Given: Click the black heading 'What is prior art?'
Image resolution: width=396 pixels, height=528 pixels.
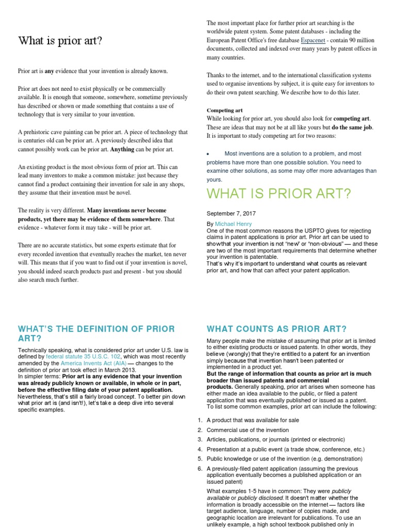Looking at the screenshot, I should click(x=60, y=41).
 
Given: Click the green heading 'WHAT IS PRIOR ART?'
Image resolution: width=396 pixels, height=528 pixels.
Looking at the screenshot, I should click(x=278, y=194).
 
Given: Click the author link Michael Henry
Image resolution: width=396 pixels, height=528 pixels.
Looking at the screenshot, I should click(x=233, y=224).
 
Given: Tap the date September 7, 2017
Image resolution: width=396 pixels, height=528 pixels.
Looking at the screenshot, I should click(x=231, y=213).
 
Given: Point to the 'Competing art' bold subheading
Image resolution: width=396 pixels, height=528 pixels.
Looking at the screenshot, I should click(x=224, y=110).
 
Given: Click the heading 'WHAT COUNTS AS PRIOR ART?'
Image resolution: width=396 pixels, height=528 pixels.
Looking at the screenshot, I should click(x=276, y=329).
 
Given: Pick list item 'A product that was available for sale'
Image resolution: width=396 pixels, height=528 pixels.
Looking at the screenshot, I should click(x=253, y=420).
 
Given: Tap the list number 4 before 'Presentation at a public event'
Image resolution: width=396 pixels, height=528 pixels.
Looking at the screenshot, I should click(x=200, y=449).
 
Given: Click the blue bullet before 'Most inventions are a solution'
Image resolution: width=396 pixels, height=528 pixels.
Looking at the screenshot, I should click(x=208, y=154).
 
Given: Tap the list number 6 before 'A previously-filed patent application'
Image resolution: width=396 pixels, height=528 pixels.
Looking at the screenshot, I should click(x=200, y=468).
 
